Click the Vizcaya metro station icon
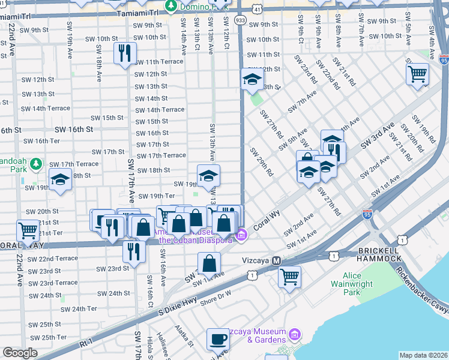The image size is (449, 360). click(x=277, y=261)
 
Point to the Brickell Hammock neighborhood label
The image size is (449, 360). click(x=379, y=254)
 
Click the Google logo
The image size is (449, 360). click(x=20, y=353)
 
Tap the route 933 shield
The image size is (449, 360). click(x=240, y=20)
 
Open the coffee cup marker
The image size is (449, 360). click(x=217, y=339)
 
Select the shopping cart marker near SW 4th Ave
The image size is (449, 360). click(x=417, y=74)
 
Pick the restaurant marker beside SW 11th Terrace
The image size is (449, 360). click(x=125, y=53)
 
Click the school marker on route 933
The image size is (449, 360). click(x=252, y=79)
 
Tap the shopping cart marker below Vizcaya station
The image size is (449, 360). click(x=289, y=277)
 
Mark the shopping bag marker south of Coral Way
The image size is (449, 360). click(x=209, y=263)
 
